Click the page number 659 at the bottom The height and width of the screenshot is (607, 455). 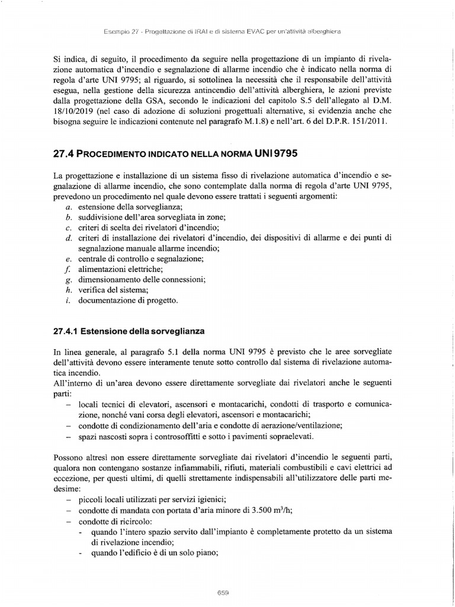[x=223, y=592]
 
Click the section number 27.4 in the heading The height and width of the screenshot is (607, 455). [x=63, y=153]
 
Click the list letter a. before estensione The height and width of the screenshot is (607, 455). [x=69, y=206]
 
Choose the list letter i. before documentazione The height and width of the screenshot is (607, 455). [x=69, y=301]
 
